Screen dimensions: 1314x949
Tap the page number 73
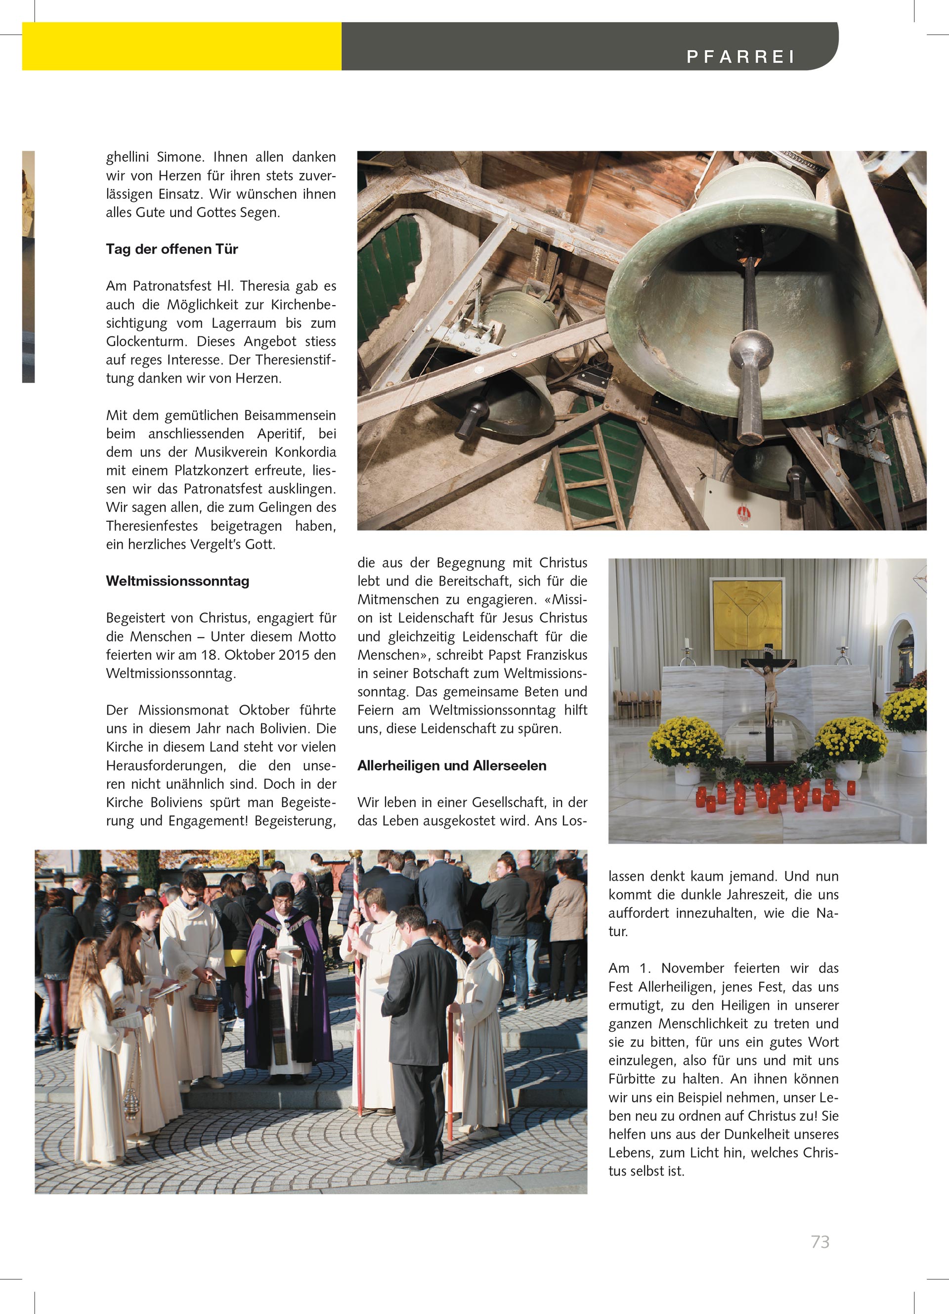tap(820, 1242)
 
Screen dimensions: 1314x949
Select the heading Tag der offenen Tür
tap(172, 249)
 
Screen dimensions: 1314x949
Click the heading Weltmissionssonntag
tap(177, 581)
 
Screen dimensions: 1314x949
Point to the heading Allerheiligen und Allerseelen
tap(452, 766)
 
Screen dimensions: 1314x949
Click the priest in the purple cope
tap(288, 979)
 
